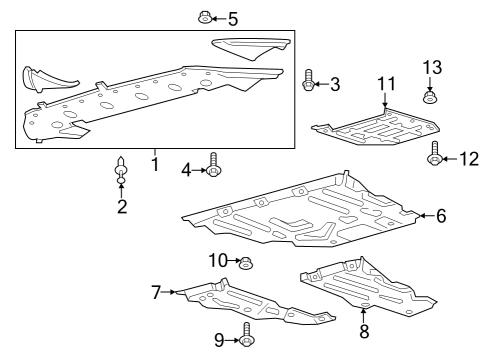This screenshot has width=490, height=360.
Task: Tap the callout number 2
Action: tap(122, 207)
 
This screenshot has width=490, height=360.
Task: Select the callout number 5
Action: tap(233, 18)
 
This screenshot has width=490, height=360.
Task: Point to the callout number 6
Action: tap(441, 214)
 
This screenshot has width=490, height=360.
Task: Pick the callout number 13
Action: tap(431, 67)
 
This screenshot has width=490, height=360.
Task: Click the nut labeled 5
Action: tap(204, 17)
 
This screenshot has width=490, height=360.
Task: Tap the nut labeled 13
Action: tap(431, 97)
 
